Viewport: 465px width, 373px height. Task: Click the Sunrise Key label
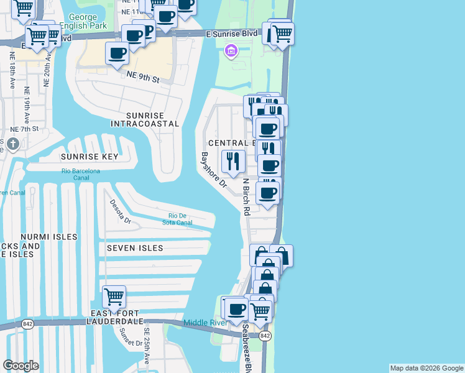90,157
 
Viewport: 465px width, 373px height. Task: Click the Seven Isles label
135,248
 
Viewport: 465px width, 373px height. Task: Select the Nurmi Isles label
48,237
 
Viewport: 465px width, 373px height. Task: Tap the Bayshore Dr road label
213,170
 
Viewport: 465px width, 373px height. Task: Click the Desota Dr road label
120,211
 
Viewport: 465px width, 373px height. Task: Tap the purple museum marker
231,50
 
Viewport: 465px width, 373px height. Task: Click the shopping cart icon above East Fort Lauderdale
114,297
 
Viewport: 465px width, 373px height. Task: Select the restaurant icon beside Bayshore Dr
233,161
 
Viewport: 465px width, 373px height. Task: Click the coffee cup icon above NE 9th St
117,53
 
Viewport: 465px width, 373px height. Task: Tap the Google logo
21,366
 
